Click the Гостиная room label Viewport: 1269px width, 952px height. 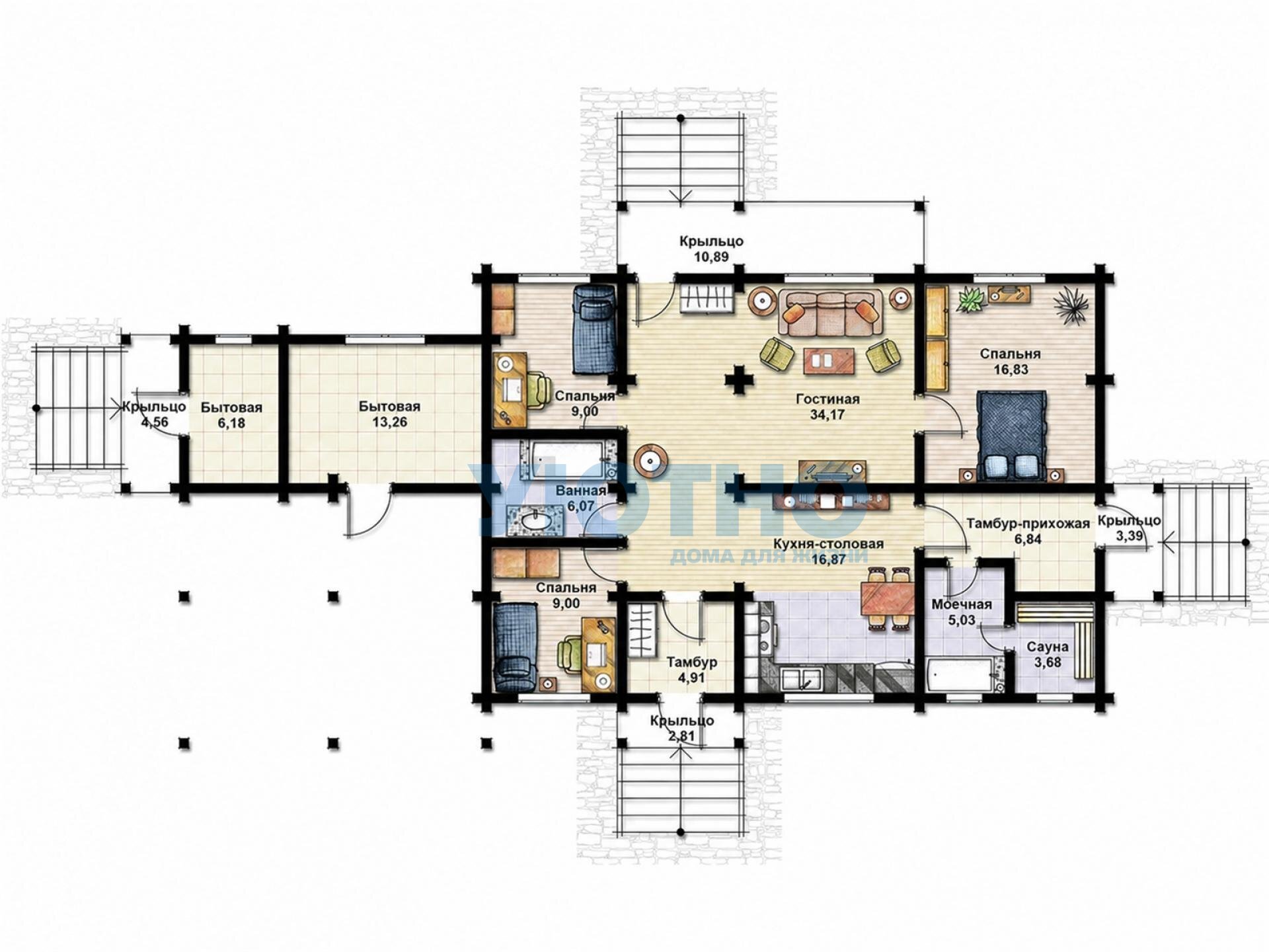tap(827, 399)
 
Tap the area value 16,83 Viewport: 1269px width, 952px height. tap(1010, 370)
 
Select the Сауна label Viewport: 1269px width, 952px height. tap(1048, 647)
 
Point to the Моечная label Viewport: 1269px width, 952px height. tap(962, 605)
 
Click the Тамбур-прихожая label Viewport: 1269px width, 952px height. tap(1028, 524)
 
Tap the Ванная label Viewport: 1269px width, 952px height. tap(581, 491)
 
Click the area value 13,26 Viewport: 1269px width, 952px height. tap(389, 422)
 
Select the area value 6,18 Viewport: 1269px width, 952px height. tap(231, 422)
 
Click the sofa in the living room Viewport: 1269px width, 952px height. tap(831, 312)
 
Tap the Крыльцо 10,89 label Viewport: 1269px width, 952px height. tap(711, 249)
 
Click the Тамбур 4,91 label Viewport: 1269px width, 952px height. tap(691, 669)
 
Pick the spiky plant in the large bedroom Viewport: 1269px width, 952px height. tap(1070, 306)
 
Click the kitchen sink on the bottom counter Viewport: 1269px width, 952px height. tap(802, 679)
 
